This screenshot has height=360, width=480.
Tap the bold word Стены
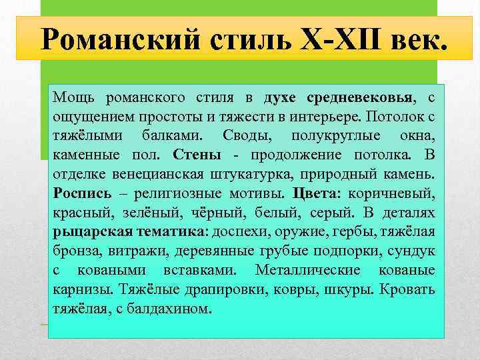(x=197, y=155)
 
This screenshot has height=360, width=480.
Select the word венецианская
(x=151, y=175)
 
